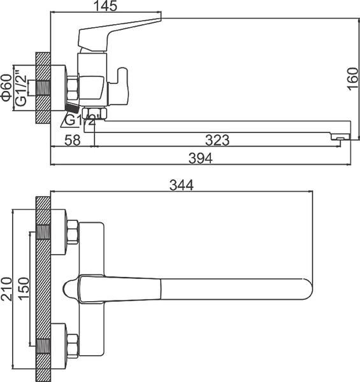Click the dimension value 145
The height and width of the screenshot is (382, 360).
click(106, 8)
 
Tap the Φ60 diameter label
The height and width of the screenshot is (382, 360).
click(6, 87)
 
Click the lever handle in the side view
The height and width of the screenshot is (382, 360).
click(121, 29)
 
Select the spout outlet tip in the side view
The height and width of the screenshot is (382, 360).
click(341, 136)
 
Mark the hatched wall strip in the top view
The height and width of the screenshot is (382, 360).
click(43, 286)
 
